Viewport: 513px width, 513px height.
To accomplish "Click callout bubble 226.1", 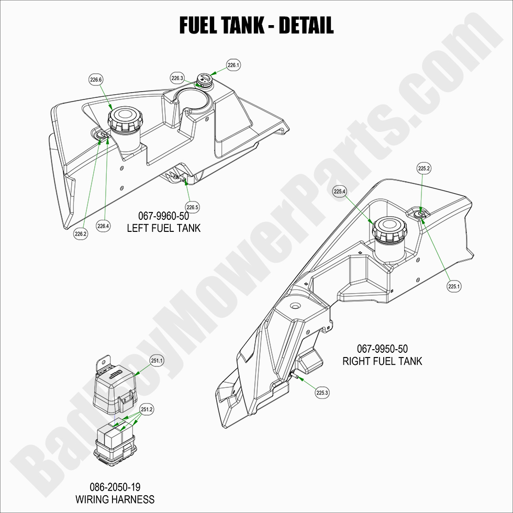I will pos(233,65).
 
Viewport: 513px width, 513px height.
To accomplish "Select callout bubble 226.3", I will pos(177,78).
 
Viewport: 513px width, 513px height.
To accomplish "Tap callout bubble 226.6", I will pos(96,80).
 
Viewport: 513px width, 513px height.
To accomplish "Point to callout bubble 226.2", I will pos(80,234).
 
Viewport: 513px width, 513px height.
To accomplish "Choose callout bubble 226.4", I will pos(103,226).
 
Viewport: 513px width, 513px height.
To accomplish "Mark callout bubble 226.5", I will pos(192,207).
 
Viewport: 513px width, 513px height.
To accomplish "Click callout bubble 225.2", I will pos(424,169).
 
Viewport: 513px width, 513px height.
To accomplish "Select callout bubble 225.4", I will pos(340,192).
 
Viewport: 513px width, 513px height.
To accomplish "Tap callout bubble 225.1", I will pos(454,286).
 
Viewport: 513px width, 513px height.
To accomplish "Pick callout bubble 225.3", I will pos(323,392).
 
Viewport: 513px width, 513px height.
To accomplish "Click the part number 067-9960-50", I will pos(163,216).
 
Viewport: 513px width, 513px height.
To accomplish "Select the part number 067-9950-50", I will pos(382,349).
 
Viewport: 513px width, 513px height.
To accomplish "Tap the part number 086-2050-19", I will pos(115,487).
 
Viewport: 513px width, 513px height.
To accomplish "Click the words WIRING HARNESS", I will pos(115,499).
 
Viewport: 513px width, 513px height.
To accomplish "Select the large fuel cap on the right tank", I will pos(387,228).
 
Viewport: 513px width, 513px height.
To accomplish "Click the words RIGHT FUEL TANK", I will pos(382,361).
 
